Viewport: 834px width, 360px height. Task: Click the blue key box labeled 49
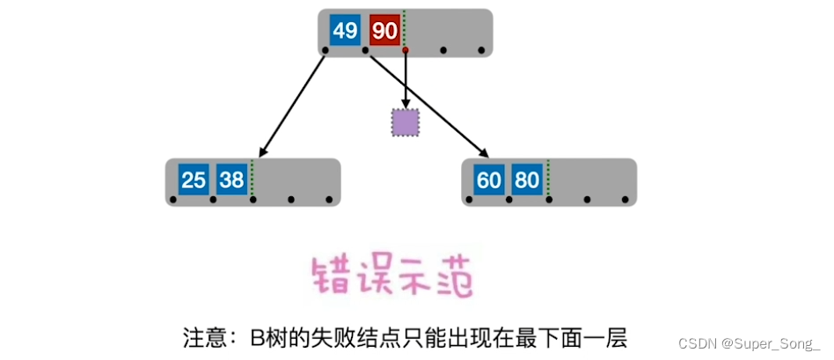tap(345, 31)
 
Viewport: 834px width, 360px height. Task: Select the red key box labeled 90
tap(384, 31)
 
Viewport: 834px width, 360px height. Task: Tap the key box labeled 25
tap(193, 180)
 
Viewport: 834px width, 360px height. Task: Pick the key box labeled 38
tap(232, 180)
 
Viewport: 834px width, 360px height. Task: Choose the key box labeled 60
tap(489, 180)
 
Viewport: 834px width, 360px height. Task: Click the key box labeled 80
tap(528, 180)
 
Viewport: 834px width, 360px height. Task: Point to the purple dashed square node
tap(405, 123)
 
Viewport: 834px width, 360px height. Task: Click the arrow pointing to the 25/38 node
tap(293, 104)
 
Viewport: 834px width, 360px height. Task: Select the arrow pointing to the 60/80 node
tap(431, 106)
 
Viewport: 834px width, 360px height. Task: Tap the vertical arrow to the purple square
tap(405, 81)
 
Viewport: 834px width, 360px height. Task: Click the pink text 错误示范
tap(391, 276)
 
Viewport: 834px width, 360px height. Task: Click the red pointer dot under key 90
tap(405, 50)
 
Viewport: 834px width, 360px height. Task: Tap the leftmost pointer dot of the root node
tap(326, 50)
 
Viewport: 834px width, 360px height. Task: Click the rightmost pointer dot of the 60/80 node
tap(625, 200)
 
